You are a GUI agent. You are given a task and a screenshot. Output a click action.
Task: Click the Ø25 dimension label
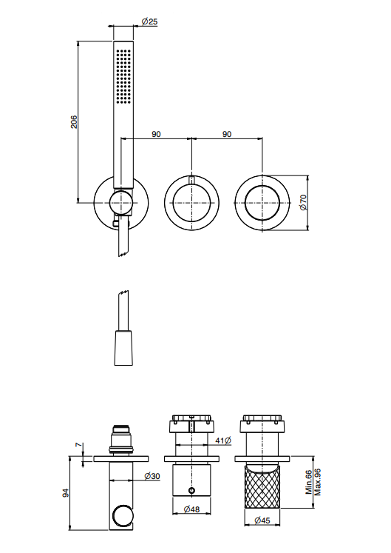point(150,21)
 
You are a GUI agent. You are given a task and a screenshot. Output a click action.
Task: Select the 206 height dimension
point(74,121)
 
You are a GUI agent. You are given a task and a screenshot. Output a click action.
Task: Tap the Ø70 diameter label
point(303,202)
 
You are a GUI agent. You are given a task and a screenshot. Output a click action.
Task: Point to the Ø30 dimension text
point(152,476)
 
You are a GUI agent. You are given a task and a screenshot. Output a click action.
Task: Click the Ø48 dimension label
point(191,509)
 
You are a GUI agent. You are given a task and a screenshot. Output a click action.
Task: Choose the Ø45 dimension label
point(262,520)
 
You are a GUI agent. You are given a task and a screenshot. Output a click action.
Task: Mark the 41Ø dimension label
point(223,440)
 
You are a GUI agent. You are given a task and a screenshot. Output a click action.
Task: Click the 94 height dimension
point(66,493)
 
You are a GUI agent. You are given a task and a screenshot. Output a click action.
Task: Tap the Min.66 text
point(309,482)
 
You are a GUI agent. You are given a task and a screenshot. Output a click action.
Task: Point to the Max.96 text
point(318,482)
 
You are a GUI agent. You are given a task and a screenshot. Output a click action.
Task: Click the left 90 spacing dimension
point(156,135)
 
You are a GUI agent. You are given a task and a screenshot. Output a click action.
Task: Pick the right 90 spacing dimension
point(227,135)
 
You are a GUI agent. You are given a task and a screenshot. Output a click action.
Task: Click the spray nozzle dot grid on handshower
point(123,76)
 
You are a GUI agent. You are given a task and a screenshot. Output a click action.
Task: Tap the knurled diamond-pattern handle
point(262,486)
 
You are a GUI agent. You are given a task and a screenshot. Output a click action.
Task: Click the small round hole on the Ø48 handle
point(191,490)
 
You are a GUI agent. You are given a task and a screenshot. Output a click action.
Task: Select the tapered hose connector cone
point(123,348)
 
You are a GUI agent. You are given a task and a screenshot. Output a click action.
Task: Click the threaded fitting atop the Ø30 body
point(121,440)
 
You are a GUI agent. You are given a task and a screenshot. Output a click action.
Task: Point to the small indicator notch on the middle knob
point(191,180)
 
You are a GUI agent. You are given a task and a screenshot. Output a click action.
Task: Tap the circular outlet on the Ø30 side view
point(121,516)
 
